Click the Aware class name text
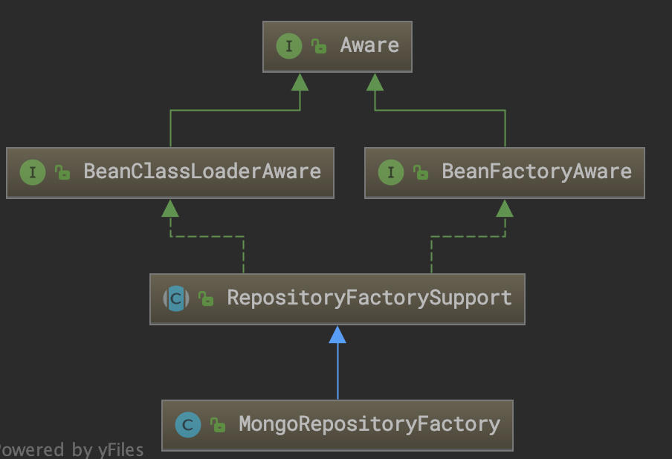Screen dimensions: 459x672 coord(369,45)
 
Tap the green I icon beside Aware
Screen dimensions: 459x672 coord(288,46)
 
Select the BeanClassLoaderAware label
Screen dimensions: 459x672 coord(201,172)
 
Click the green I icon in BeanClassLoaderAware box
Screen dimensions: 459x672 coord(33,172)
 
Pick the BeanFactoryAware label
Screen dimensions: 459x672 coord(536,172)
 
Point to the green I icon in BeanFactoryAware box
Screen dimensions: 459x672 coord(391,172)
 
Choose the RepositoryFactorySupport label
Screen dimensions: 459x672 coord(369,298)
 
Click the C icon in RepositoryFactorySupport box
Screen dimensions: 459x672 coord(176,299)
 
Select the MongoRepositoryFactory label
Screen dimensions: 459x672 coord(369,424)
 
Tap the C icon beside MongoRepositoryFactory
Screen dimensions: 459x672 coord(188,425)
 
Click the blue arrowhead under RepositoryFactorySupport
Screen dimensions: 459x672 coord(337,335)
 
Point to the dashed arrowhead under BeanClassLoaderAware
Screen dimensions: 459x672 coord(170,208)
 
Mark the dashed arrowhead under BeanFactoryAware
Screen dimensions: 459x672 coord(505,208)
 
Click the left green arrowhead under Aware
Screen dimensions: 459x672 coord(300,82)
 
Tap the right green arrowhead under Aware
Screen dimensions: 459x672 coord(375,82)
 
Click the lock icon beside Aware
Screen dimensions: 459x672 coord(319,47)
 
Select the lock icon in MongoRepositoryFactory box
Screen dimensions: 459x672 coord(218,426)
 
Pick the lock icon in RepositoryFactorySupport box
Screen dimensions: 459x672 coord(206,299)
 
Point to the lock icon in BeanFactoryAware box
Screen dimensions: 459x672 coord(421,173)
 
